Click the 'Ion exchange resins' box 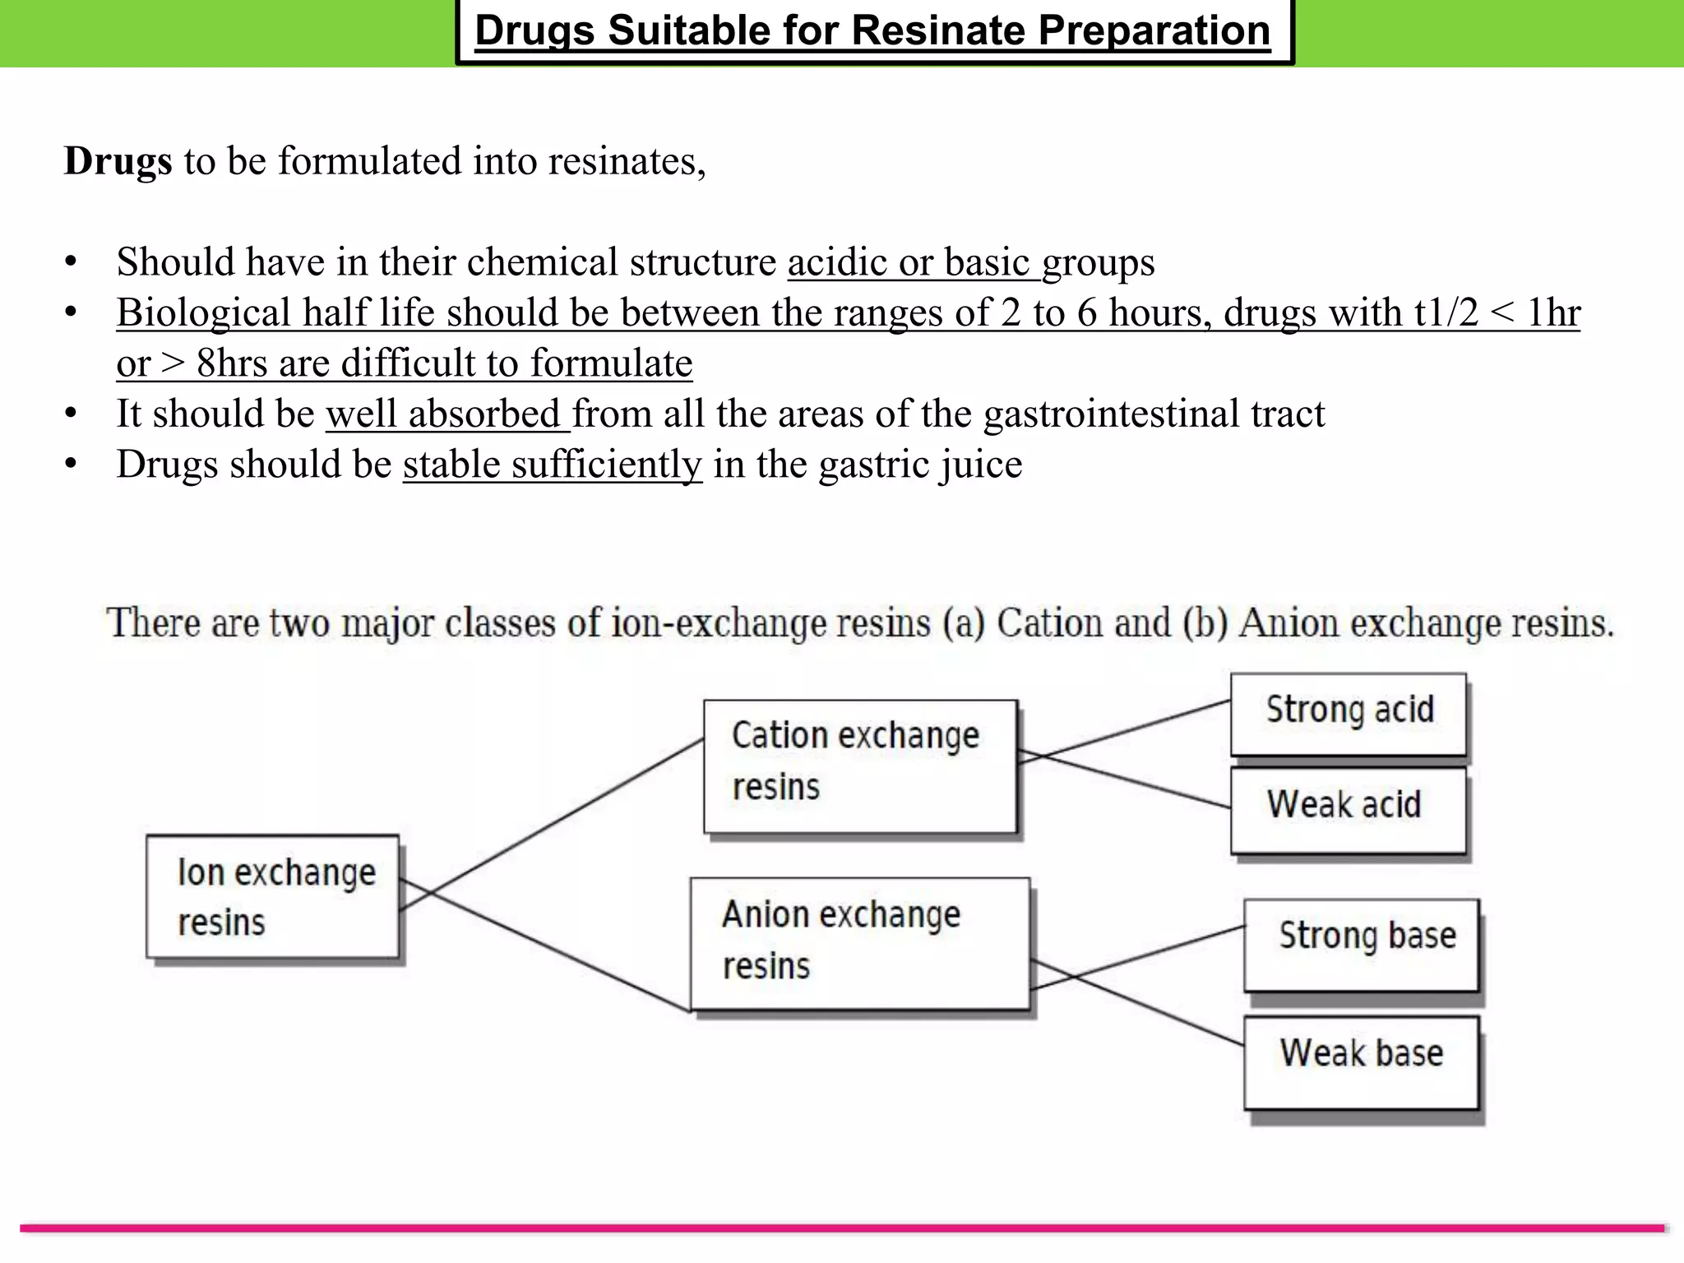[273, 896]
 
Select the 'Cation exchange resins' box [860, 766]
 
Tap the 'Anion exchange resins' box [859, 943]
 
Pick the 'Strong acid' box [1349, 714]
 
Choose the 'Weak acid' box [1349, 809]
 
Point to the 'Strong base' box [1362, 944]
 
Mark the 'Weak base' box [1362, 1062]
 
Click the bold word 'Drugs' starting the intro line [118, 161]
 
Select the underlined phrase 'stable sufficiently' [553, 465]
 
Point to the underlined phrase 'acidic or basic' [909, 263]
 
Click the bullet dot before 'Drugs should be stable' [71, 465]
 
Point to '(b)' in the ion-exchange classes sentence [1206, 623]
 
